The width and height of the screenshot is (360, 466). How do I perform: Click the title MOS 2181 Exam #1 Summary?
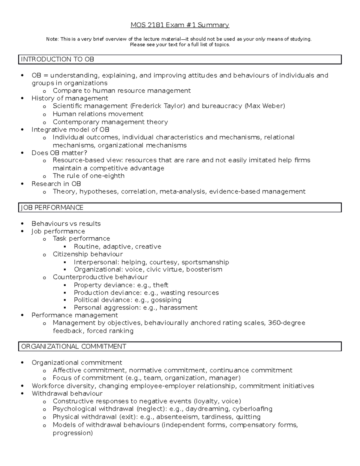coord(180,25)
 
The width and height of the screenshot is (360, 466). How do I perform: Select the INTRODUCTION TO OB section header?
coord(57,59)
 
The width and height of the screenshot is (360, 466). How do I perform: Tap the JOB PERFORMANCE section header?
coord(52,208)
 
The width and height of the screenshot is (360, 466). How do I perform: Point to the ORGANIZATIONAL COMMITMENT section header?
coord(73,347)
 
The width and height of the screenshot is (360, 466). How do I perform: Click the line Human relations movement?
coord(98,114)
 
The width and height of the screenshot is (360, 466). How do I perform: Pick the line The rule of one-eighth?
coord(88,176)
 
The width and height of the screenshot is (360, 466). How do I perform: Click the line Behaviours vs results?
coord(66,224)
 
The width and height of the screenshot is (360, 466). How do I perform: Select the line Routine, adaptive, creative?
coord(117,247)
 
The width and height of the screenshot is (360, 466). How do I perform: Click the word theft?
coord(160,285)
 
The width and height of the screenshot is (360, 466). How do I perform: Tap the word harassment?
coord(178,308)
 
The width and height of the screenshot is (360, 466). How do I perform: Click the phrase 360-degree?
coord(286,323)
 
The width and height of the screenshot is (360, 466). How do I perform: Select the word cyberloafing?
coord(252,409)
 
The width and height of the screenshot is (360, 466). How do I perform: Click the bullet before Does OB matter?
coord(22,153)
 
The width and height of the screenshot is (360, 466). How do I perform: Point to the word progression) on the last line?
coord(73,433)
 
